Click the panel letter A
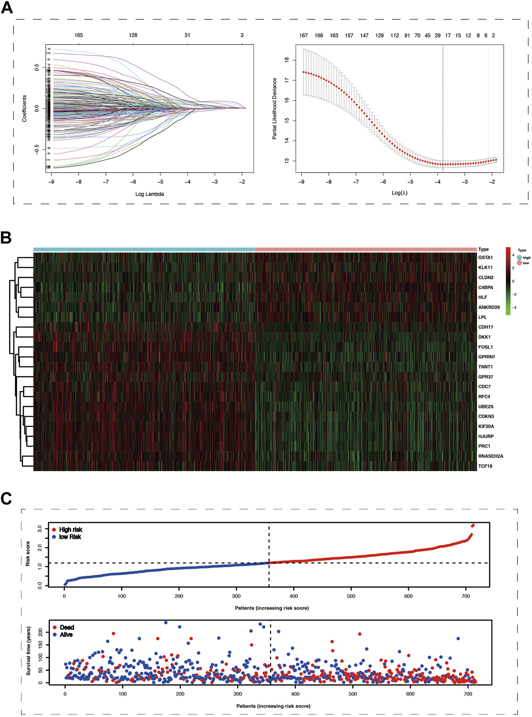point(7,7)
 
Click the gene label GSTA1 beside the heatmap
point(485,257)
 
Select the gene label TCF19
point(485,466)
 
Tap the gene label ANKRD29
point(489,307)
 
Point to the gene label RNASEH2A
point(490,456)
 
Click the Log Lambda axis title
point(149,194)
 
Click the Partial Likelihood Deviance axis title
point(275,108)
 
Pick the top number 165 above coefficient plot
point(79,35)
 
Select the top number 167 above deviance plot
point(304,36)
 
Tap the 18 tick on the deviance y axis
point(287,60)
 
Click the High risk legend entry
point(70,530)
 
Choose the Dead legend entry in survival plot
point(67,627)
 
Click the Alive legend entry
point(66,635)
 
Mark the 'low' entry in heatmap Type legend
point(525,263)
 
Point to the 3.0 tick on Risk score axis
point(39,529)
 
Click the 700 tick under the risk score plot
point(466,596)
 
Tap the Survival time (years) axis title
point(28,652)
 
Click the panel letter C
point(6,499)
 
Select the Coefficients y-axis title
point(24,108)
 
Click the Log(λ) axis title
point(400,193)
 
